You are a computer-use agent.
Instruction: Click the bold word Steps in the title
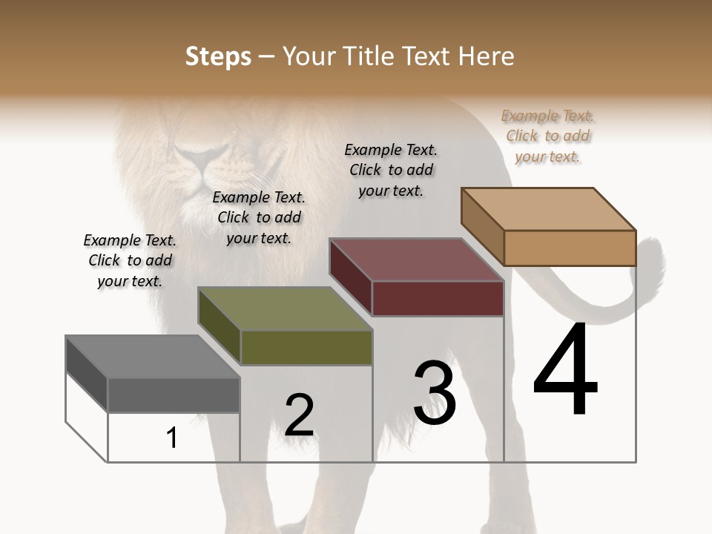217,56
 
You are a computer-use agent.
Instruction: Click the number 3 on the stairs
435,392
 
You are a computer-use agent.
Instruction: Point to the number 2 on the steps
299,415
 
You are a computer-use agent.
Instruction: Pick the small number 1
172,438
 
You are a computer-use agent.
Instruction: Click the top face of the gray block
153,357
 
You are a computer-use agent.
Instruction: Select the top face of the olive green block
285,309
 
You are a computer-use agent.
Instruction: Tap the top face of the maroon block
417,260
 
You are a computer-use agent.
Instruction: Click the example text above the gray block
130,260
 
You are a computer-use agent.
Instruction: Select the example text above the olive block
259,217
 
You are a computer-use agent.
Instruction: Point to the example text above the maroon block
391,170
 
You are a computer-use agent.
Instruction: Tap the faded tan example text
548,136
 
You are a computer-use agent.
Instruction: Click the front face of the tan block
570,248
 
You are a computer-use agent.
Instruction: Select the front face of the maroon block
438,298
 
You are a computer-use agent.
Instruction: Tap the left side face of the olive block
220,326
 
